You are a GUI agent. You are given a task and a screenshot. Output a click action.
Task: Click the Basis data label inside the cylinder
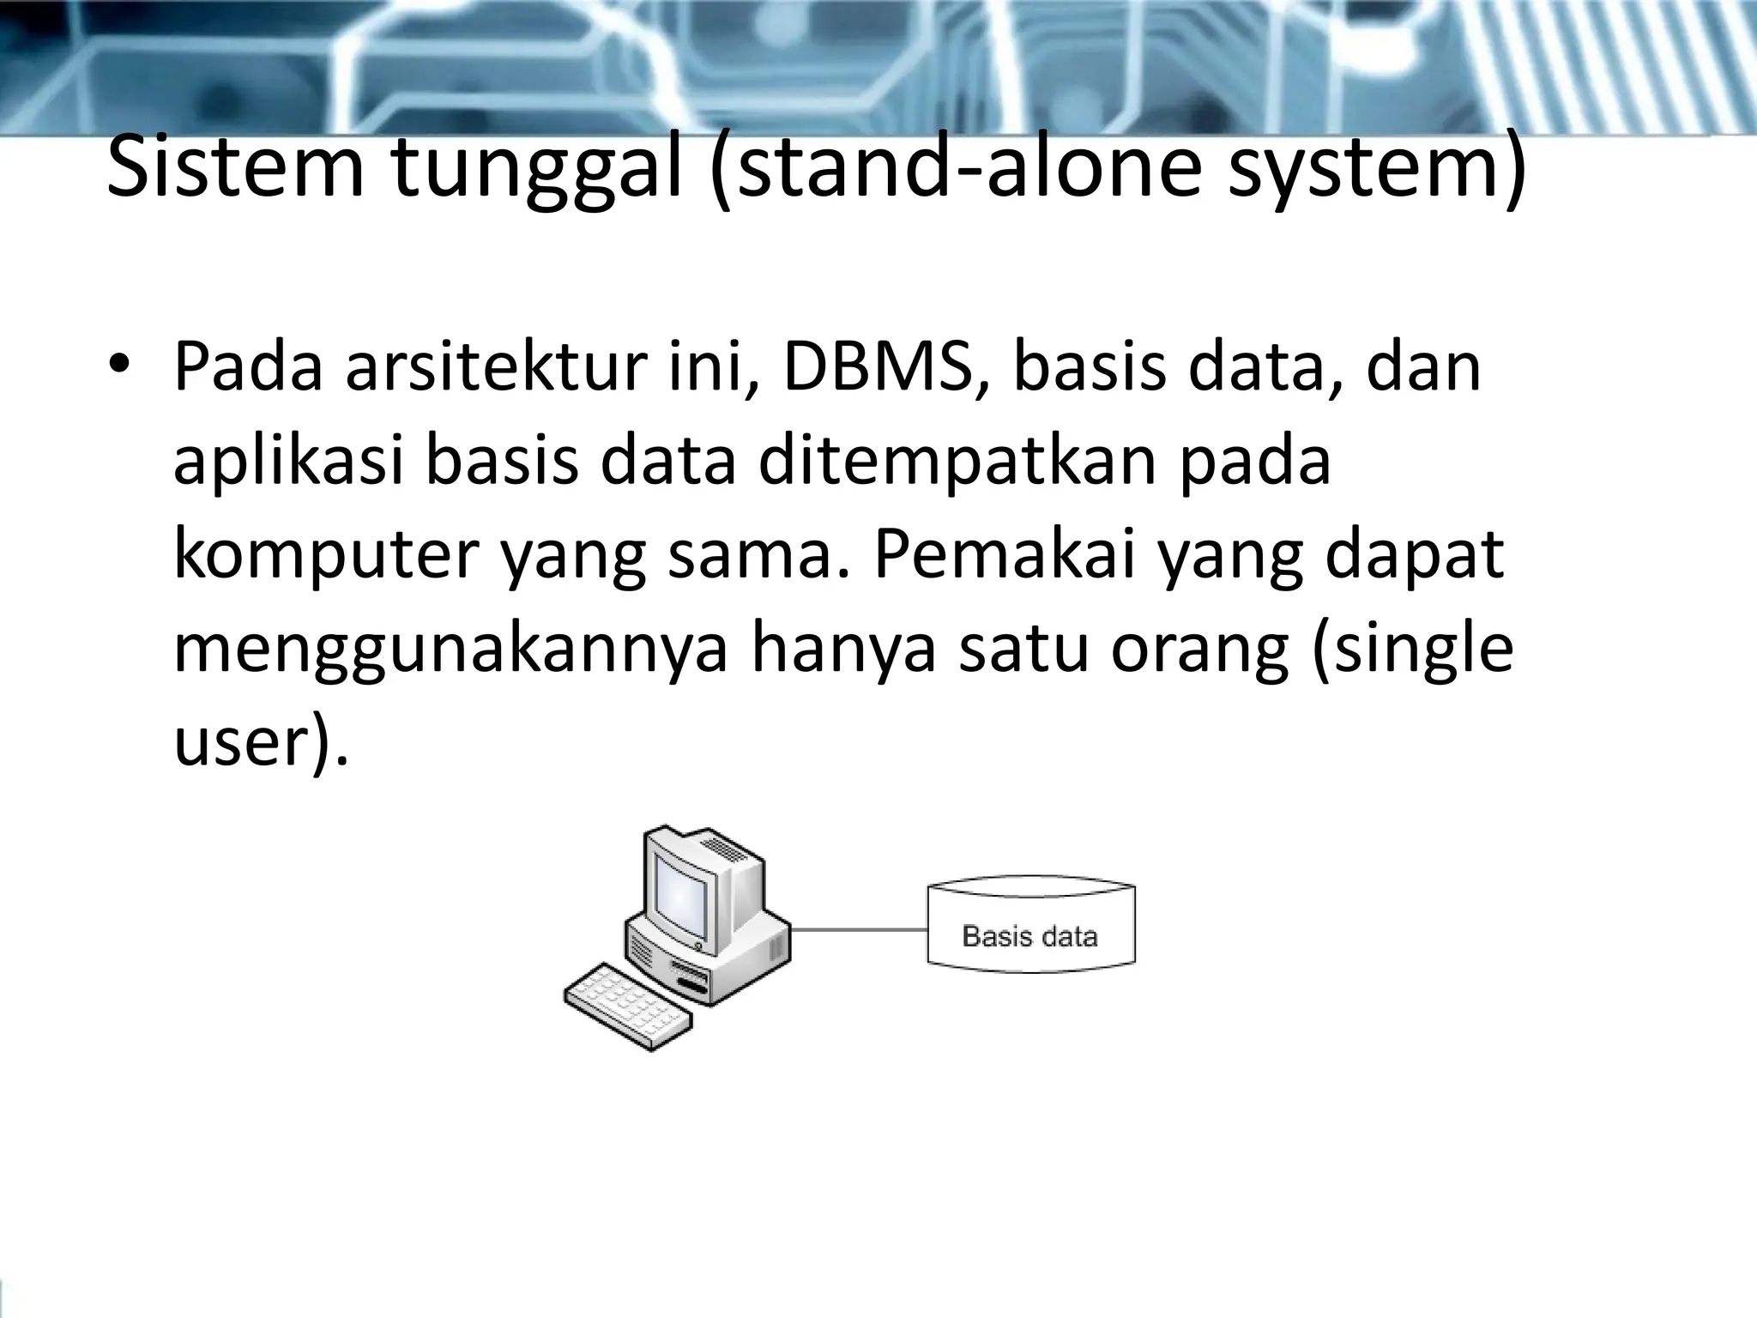coord(1030,935)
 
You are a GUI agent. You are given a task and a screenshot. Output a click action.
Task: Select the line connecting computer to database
coord(858,929)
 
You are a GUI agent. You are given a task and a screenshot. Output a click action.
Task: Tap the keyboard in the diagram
coord(629,1007)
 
